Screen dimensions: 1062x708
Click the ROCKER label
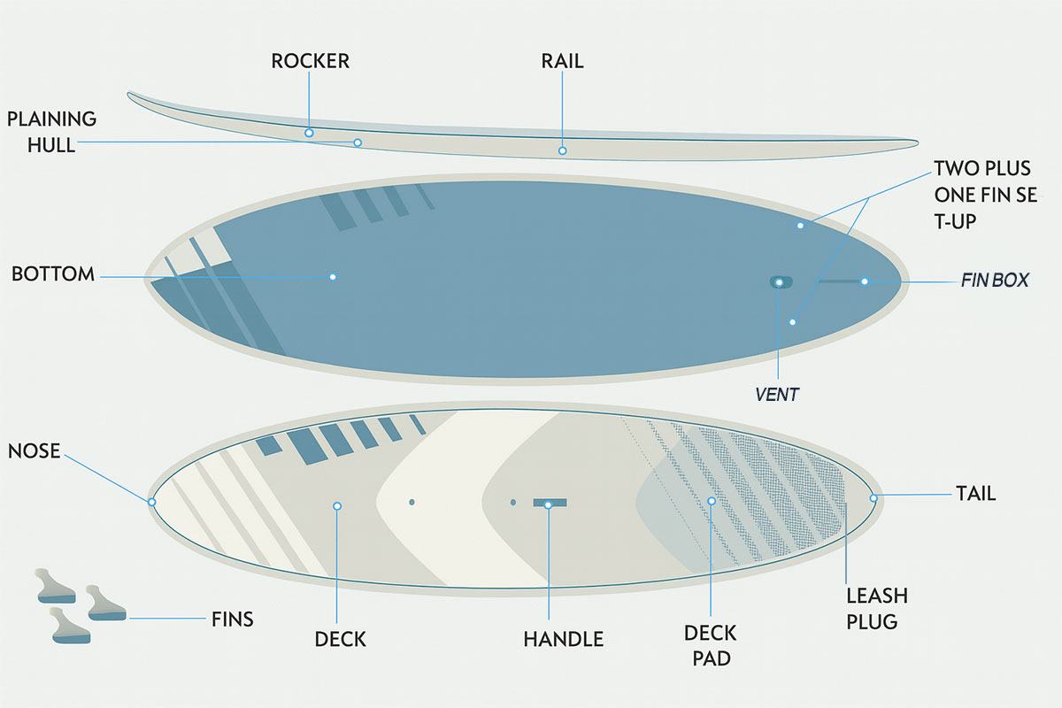(310, 61)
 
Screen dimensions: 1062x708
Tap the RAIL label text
(562, 61)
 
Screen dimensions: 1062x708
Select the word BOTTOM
(53, 274)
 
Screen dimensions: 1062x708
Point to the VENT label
(777, 394)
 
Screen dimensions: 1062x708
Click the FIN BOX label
(995, 281)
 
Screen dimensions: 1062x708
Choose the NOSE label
(35, 451)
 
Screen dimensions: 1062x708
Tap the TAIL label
(975, 494)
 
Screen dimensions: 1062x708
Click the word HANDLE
(563, 639)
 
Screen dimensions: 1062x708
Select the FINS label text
(232, 619)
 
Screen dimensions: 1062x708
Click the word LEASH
(877, 596)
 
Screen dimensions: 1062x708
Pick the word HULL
(51, 145)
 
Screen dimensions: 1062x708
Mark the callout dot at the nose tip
(151, 502)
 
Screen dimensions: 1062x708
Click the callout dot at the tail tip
(873, 497)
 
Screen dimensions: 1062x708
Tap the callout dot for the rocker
(309, 133)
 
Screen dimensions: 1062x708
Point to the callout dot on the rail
(562, 150)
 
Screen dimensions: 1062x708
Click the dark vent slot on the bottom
(781, 282)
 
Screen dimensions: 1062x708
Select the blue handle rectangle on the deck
(550, 503)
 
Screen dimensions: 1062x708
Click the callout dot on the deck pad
(712, 501)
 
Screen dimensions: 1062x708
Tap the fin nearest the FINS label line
(105, 604)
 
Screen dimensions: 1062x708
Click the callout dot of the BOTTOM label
(333, 277)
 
